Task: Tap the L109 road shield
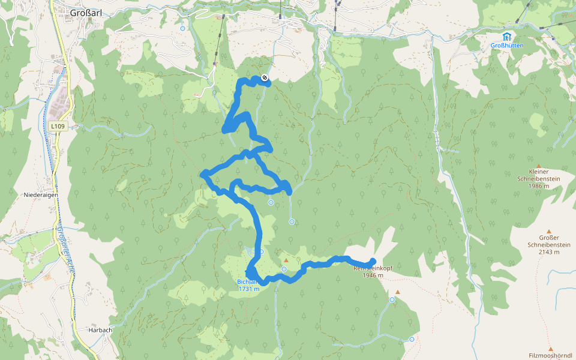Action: point(58,126)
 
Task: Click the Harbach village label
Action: point(100,330)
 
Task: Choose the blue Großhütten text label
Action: point(507,46)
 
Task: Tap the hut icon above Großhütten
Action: point(507,36)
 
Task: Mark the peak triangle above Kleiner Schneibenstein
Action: point(539,166)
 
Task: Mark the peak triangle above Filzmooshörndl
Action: point(550,348)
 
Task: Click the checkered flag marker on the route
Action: point(265,77)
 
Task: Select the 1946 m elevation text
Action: point(373,275)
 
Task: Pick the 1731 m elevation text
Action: point(249,289)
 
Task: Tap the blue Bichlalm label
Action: point(247,281)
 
